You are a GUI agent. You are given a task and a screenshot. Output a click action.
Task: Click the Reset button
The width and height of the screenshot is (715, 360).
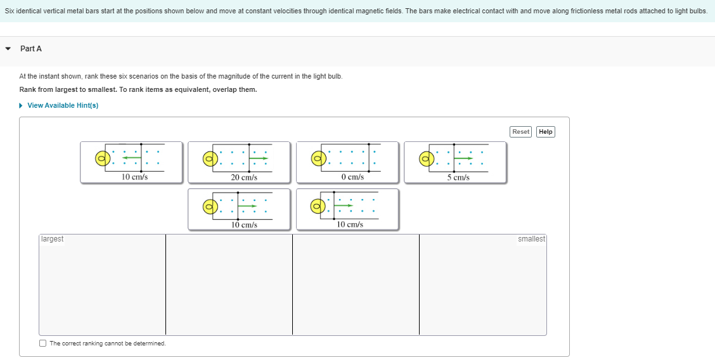tap(520, 132)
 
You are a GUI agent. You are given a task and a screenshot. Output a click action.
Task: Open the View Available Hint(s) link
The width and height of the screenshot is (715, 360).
tap(63, 105)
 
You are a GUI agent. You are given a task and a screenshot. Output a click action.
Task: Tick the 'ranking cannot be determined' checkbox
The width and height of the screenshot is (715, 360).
tap(42, 344)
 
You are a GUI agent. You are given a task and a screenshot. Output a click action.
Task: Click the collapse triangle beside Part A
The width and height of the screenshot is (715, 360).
tap(8, 49)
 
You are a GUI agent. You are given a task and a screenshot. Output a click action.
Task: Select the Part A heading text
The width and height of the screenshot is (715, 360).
tap(31, 49)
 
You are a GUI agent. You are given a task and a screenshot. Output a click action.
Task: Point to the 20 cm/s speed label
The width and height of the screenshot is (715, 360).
tap(244, 177)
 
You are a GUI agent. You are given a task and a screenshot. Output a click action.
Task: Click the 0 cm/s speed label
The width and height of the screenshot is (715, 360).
tap(352, 177)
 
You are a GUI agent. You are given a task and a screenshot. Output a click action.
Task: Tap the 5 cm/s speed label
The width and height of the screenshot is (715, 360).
tap(458, 177)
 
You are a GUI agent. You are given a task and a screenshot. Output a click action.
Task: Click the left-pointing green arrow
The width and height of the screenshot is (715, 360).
tap(132, 158)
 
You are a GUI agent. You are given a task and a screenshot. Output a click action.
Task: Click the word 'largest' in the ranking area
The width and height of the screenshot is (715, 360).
tap(52, 239)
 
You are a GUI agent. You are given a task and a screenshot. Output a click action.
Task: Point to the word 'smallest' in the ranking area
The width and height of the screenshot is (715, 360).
tap(531, 239)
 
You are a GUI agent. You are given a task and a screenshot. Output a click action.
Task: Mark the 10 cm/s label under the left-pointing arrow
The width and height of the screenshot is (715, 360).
tap(134, 177)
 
